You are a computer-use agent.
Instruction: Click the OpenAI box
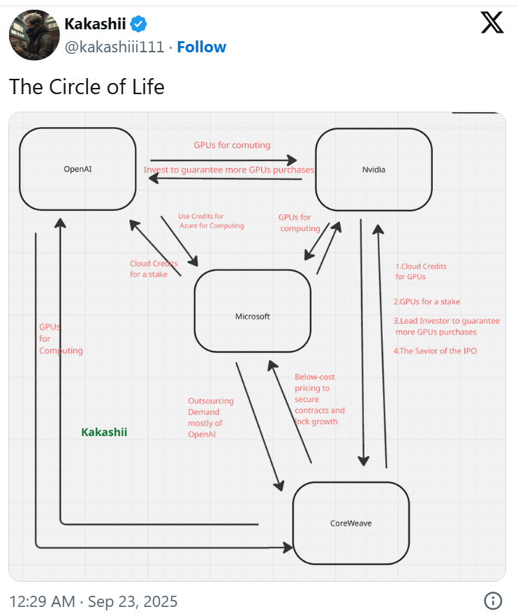click(x=77, y=168)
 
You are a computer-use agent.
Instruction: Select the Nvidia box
click(x=373, y=169)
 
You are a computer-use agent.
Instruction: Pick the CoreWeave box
click(x=350, y=523)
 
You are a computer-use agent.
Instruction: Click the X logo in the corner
click(x=492, y=24)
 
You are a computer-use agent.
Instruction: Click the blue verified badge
click(x=140, y=24)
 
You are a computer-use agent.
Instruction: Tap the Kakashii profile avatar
click(x=34, y=35)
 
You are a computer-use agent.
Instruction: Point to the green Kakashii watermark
click(x=104, y=433)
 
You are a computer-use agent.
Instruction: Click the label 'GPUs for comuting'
click(x=232, y=145)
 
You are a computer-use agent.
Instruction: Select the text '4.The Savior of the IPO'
click(x=436, y=351)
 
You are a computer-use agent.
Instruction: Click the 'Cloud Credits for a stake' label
click(x=154, y=269)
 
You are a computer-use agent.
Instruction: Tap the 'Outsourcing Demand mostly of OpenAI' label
click(x=211, y=417)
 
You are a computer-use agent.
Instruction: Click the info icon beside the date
click(x=493, y=601)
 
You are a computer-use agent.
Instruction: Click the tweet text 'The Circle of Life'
click(x=87, y=87)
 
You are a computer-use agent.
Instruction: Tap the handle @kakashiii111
click(x=114, y=47)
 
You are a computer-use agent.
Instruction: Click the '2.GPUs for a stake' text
click(x=427, y=302)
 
